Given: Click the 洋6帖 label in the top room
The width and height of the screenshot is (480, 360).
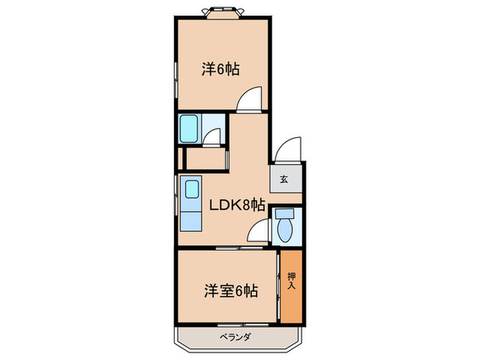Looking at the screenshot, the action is click(x=220, y=69).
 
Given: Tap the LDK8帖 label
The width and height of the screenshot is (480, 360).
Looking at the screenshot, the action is click(x=237, y=205).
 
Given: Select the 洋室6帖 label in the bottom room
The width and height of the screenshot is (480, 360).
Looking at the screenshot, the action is click(x=231, y=291).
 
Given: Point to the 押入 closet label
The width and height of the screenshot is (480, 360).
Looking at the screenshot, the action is click(x=291, y=281).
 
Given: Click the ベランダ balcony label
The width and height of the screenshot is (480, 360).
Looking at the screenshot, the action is click(x=235, y=337).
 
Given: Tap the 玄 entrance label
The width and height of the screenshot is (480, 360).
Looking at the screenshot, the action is click(x=284, y=179).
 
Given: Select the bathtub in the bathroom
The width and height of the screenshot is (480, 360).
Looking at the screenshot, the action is click(x=189, y=129).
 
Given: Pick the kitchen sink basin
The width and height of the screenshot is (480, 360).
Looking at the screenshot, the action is click(x=192, y=189).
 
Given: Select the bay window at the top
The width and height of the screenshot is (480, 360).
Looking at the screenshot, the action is click(x=223, y=13).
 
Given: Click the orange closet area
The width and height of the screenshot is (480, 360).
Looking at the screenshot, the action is click(x=291, y=287).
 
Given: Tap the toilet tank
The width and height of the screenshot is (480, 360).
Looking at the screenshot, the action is click(x=285, y=213).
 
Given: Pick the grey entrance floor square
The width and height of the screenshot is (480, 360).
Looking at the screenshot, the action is click(x=286, y=179).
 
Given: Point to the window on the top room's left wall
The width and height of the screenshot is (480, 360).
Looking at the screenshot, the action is click(x=176, y=80).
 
